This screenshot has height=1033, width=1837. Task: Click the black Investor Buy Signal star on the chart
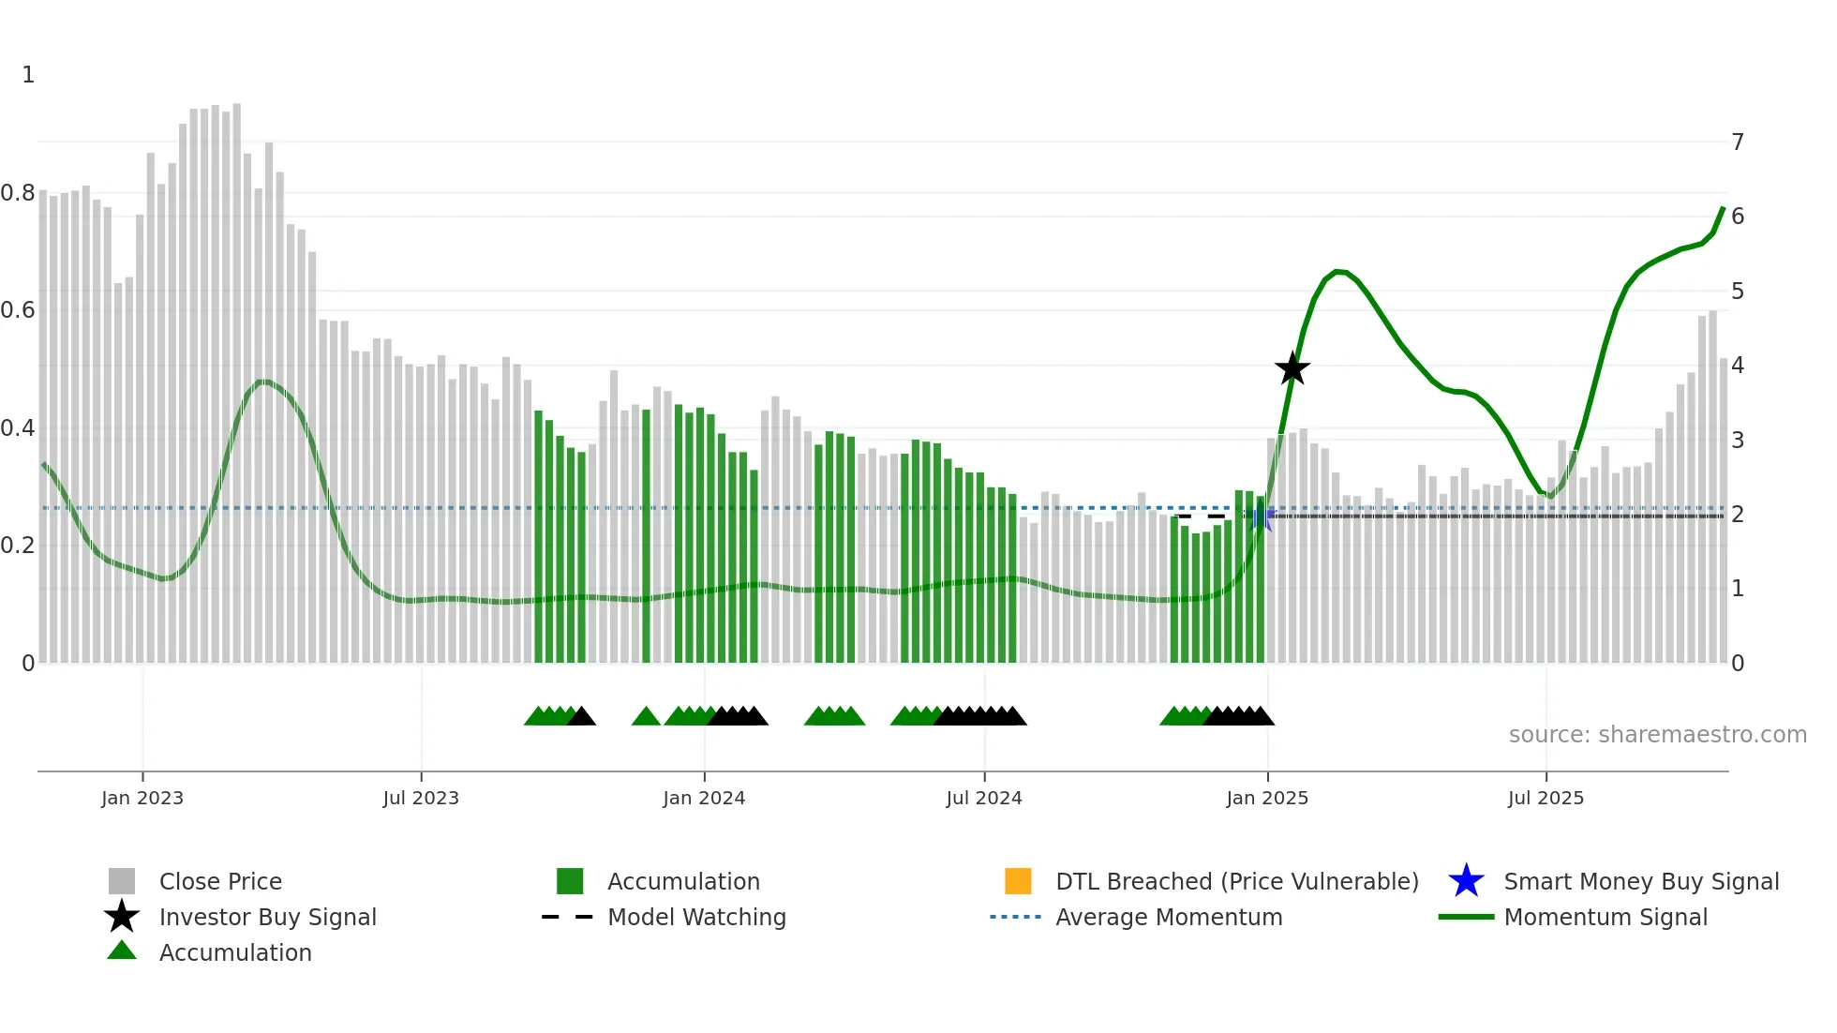coord(1292,369)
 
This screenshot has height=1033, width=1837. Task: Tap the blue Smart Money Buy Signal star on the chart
coord(1262,516)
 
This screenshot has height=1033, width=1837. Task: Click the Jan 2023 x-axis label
coord(142,798)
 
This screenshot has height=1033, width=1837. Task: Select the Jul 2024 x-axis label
coord(984,798)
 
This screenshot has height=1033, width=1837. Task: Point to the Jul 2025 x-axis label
coord(1546,798)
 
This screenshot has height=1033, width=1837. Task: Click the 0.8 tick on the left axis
coord(18,193)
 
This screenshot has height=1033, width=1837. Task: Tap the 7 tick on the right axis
coord(1738,142)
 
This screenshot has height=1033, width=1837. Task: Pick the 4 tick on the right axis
coord(1738,366)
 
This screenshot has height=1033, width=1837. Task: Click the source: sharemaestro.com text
coord(1657,735)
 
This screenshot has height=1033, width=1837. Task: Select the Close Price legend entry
coord(220,881)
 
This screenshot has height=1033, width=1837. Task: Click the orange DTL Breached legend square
coord(1018,881)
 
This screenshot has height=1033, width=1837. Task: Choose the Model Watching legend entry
coord(696,917)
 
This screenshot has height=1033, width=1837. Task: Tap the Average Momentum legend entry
coord(1169,917)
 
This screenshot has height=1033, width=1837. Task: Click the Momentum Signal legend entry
coord(1606,917)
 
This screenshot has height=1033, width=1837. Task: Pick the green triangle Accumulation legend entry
coord(234,952)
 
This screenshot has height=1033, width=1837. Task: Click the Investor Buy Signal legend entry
coord(267,917)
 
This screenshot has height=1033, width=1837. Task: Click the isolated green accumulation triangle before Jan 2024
coord(646,717)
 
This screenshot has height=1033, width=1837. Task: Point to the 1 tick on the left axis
coord(28,75)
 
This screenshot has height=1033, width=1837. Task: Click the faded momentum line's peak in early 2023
coord(264,382)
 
